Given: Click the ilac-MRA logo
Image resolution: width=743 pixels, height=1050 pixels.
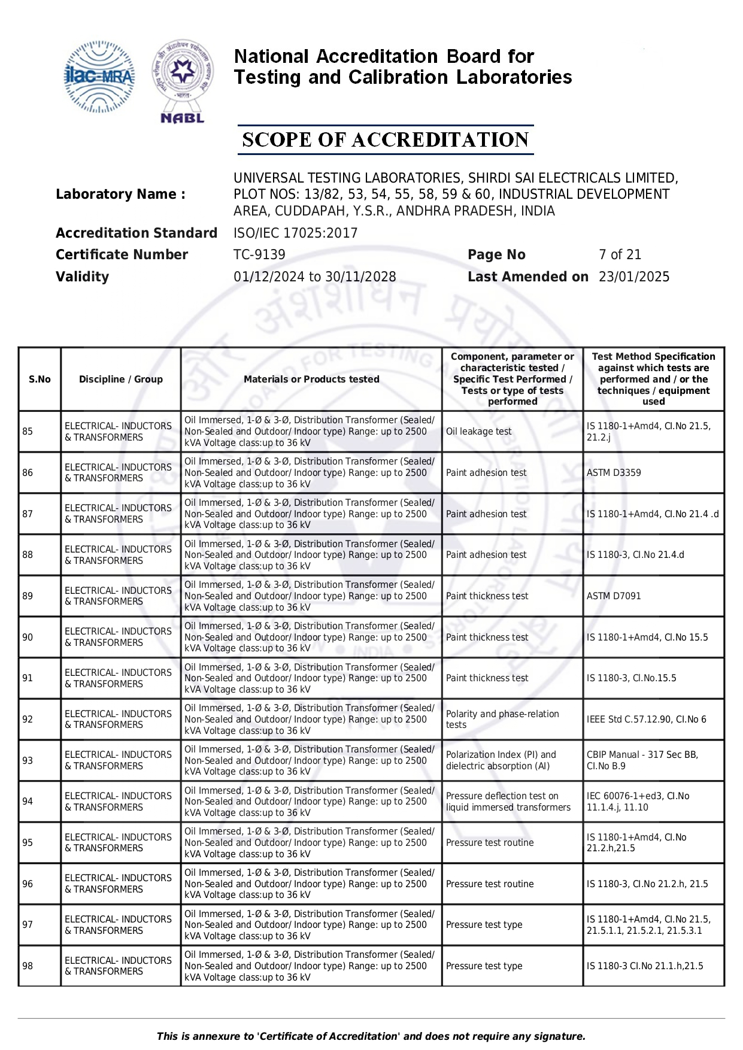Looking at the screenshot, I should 99,77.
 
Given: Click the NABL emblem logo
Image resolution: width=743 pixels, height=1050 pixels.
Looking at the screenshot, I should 183,81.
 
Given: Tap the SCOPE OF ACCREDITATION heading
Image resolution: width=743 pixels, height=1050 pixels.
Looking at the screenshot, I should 385,140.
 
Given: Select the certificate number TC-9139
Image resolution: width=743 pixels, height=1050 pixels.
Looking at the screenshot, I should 259,255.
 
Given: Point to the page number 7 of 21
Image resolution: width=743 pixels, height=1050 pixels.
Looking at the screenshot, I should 620,255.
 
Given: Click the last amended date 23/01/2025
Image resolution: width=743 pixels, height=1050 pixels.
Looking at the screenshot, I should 634,277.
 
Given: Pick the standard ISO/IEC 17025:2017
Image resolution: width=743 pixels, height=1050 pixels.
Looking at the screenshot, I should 295,233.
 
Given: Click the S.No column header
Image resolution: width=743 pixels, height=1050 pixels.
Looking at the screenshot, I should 40,380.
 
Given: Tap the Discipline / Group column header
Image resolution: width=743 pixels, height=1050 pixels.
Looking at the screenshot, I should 121,380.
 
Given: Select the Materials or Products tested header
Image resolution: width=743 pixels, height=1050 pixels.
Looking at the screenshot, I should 311,380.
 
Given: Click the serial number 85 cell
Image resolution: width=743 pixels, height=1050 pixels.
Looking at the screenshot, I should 28,432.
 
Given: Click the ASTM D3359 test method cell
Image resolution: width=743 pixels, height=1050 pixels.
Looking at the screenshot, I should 614,473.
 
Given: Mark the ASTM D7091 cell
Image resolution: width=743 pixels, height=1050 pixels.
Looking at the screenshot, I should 614,596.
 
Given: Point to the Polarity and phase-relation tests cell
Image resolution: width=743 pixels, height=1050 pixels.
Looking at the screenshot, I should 502,720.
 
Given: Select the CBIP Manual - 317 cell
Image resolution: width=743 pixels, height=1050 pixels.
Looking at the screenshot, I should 642,761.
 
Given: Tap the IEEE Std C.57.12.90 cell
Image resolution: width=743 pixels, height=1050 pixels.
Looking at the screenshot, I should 646,720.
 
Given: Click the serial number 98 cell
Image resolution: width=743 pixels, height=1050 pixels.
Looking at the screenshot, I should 28,966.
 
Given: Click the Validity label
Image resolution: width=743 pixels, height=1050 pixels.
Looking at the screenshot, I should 83,277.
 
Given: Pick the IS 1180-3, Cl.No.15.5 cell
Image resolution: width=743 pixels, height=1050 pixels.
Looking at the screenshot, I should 631,678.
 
